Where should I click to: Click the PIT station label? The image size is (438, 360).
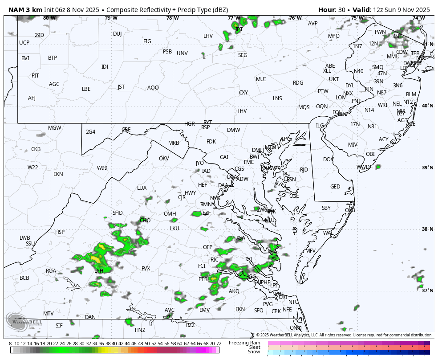[35, 76]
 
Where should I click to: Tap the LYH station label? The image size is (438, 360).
[99, 270]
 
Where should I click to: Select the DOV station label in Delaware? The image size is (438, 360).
[328, 160]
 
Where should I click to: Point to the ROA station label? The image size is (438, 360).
[51, 271]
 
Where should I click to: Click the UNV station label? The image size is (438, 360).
[182, 53]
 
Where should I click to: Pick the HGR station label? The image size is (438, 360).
[190, 124]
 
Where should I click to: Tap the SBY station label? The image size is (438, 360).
[326, 208]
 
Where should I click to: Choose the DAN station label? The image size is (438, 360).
[90, 317]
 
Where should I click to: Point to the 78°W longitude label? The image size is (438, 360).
[173, 18]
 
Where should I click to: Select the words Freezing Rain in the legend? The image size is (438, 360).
[244, 343]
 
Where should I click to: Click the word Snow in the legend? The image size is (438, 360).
[254, 352]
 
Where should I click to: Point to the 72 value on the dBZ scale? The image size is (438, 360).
[219, 344]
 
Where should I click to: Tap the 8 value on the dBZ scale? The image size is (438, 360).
[10, 344]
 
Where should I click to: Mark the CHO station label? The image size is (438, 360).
[145, 221]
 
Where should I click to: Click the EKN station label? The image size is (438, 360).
[58, 174]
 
